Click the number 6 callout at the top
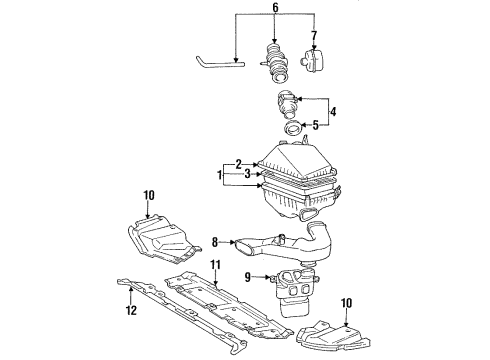click(276, 8)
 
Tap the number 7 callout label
click(314, 37)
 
